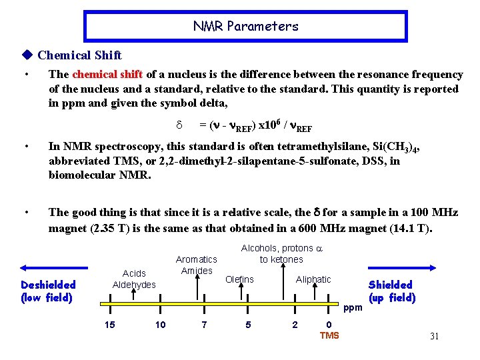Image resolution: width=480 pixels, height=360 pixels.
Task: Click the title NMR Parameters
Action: coord(245,27)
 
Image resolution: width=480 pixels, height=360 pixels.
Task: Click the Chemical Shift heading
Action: coord(79,55)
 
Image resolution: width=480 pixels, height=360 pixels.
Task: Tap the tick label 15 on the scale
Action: coord(111,325)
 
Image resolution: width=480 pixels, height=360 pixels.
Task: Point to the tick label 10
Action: coord(160,325)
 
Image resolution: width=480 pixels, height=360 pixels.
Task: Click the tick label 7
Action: coord(204,325)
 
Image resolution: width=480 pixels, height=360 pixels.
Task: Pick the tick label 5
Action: coord(248,325)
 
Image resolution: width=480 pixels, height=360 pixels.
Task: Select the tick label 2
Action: coord(295,325)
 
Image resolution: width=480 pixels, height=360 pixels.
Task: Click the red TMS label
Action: coord(329,335)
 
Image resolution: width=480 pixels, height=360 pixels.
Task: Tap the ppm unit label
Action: coord(353,308)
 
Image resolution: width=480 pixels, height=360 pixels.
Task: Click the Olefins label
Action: coord(239,279)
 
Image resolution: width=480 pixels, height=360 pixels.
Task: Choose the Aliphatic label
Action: coord(313,279)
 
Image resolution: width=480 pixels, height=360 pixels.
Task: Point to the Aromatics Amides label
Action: coord(197,265)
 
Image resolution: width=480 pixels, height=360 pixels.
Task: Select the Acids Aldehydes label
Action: coord(134,279)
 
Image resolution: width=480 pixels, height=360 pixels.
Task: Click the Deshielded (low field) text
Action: coord(47,291)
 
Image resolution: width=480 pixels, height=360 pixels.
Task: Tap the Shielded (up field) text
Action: coord(391,291)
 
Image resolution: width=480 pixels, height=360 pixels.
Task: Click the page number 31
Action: coord(434,336)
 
